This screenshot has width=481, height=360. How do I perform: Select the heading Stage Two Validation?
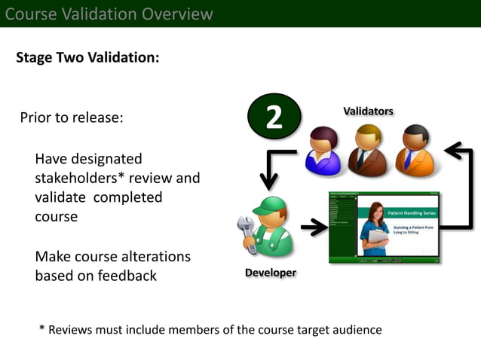pos(87,58)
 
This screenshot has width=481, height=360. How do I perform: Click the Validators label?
pos(368,111)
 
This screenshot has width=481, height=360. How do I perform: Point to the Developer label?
pos(270,273)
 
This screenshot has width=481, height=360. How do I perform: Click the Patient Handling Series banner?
pos(409,213)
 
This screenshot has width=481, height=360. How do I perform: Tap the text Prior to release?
pos(72,118)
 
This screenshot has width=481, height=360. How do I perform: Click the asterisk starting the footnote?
pos(42,329)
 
